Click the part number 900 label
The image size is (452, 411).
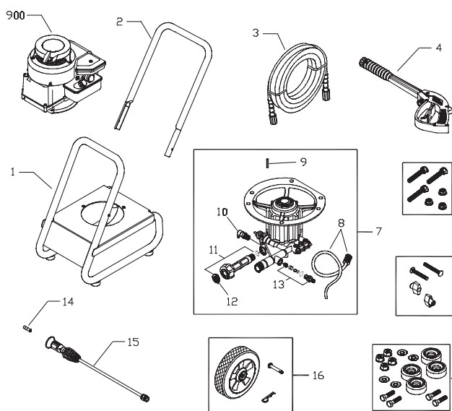[x=16, y=17]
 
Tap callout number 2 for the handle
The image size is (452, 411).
[x=119, y=22]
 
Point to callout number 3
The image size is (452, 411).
[x=255, y=33]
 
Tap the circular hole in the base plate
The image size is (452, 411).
[x=100, y=216]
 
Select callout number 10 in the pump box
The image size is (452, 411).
[x=220, y=212]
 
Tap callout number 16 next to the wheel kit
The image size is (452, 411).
[x=318, y=375]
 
